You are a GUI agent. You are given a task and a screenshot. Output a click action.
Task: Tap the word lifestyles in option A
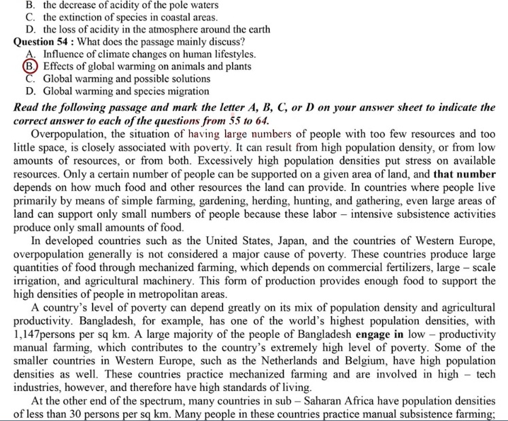pos(230,54)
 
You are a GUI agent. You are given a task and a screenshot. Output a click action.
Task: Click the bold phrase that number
pos(464,173)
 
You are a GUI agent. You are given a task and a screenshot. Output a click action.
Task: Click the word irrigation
pos(36,282)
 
